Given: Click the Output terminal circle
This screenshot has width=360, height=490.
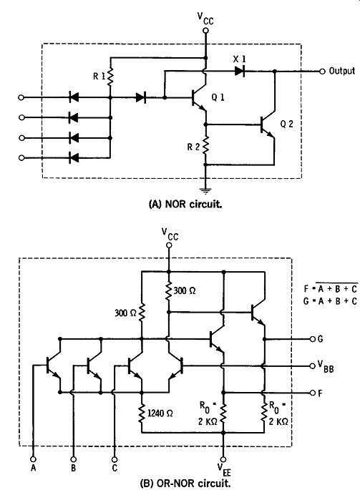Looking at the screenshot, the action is pos(322,72).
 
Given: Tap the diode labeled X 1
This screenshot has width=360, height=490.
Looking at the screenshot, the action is pos(240,72).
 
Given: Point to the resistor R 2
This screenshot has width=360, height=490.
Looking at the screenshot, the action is pos(205,145).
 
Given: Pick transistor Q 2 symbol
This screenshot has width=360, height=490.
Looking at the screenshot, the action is pos(268,125).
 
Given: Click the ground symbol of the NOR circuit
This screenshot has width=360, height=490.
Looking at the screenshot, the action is pos(205,190).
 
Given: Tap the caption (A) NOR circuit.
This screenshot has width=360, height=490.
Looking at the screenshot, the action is pos(185,204).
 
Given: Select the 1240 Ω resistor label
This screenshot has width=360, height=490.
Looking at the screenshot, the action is pos(160,413).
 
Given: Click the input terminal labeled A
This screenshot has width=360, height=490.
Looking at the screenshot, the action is pos(33,459).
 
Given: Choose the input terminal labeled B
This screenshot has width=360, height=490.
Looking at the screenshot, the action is pos(73,459).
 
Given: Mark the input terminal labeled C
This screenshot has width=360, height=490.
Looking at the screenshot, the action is pos(115,459).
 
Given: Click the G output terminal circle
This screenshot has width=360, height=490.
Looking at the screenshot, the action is pos(312,339).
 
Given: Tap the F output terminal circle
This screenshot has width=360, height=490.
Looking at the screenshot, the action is pos(312,393).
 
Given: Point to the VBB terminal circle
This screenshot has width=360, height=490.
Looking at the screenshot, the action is pos(312,366).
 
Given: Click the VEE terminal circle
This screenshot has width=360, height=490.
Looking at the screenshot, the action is pos(223,459).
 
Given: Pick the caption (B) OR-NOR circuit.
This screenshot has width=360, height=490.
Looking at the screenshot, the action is pos(185,483).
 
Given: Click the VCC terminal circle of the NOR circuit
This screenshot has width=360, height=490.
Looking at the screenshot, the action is pos(205,30).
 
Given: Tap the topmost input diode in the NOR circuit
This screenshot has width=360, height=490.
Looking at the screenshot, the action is pos(74,97).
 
